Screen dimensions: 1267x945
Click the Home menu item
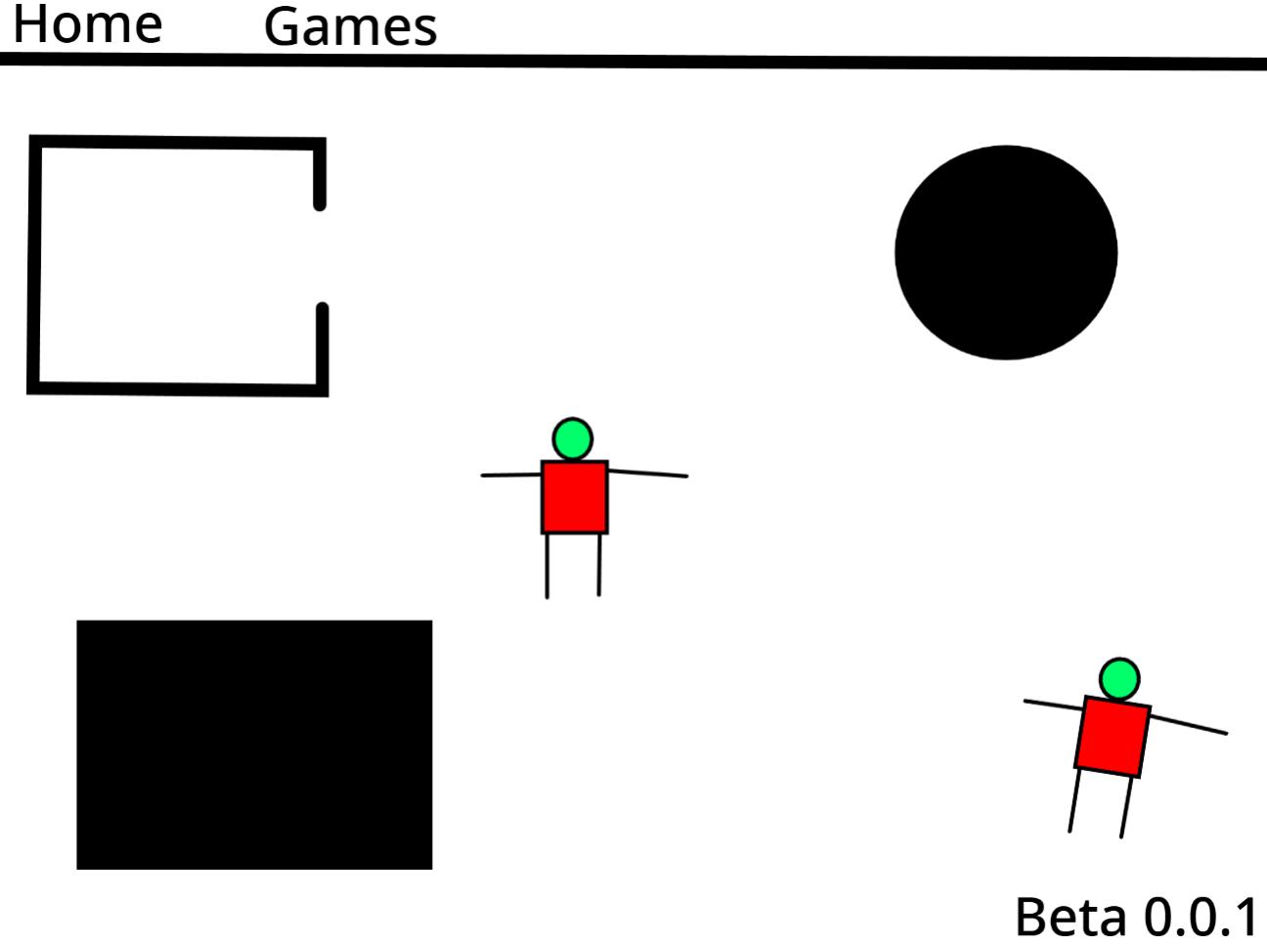(x=88, y=24)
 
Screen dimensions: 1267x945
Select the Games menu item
(x=350, y=26)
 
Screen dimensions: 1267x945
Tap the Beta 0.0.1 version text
(x=1136, y=917)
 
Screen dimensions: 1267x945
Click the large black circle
(x=1006, y=253)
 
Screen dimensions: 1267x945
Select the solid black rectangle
(x=254, y=745)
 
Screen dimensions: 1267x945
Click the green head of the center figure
(x=573, y=439)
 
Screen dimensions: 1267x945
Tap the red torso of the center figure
(x=574, y=497)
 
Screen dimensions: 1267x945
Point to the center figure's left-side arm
(x=511, y=475)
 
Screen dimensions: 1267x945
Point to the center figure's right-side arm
(x=648, y=474)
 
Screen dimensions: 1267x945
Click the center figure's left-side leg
(x=547, y=566)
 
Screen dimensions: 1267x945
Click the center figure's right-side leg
(x=599, y=565)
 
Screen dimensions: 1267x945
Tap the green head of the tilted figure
(x=1119, y=679)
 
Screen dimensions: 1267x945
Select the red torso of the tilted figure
(x=1113, y=737)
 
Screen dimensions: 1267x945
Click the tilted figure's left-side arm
(x=1054, y=705)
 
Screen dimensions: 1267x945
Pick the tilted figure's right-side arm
(x=1189, y=724)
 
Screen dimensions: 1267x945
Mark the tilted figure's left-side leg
(x=1074, y=800)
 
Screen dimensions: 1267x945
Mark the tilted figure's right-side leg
(x=1127, y=807)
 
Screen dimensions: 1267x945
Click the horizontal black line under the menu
(x=633, y=62)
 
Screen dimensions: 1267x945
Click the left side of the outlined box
(x=34, y=265)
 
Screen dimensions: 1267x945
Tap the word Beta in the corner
(x=1070, y=917)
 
